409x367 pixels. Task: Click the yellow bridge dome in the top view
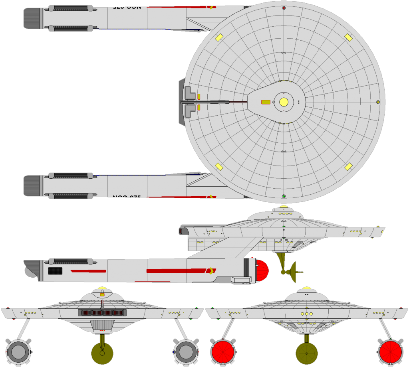pos(284,102)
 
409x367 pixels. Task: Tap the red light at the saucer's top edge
pos(284,8)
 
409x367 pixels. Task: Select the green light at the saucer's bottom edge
pos(284,196)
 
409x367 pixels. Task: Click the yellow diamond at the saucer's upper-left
pos(219,37)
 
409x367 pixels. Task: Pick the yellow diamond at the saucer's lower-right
pos(348,166)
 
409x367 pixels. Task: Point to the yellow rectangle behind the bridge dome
pos(266,102)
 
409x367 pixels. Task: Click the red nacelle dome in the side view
pos(262,270)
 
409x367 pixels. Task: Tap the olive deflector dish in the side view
pos(293,272)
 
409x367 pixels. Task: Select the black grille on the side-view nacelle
pos(55,271)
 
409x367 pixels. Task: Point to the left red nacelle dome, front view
pos(223,352)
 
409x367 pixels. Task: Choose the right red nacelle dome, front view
pos(391,352)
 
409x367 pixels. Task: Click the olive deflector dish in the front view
pos(307,353)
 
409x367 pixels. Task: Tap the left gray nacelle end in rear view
pos(18,352)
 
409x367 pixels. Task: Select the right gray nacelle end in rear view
pos(186,352)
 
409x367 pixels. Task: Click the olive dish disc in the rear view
pos(102,353)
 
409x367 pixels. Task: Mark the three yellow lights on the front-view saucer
pos(307,314)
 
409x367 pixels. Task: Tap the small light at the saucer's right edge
pos(378,102)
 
